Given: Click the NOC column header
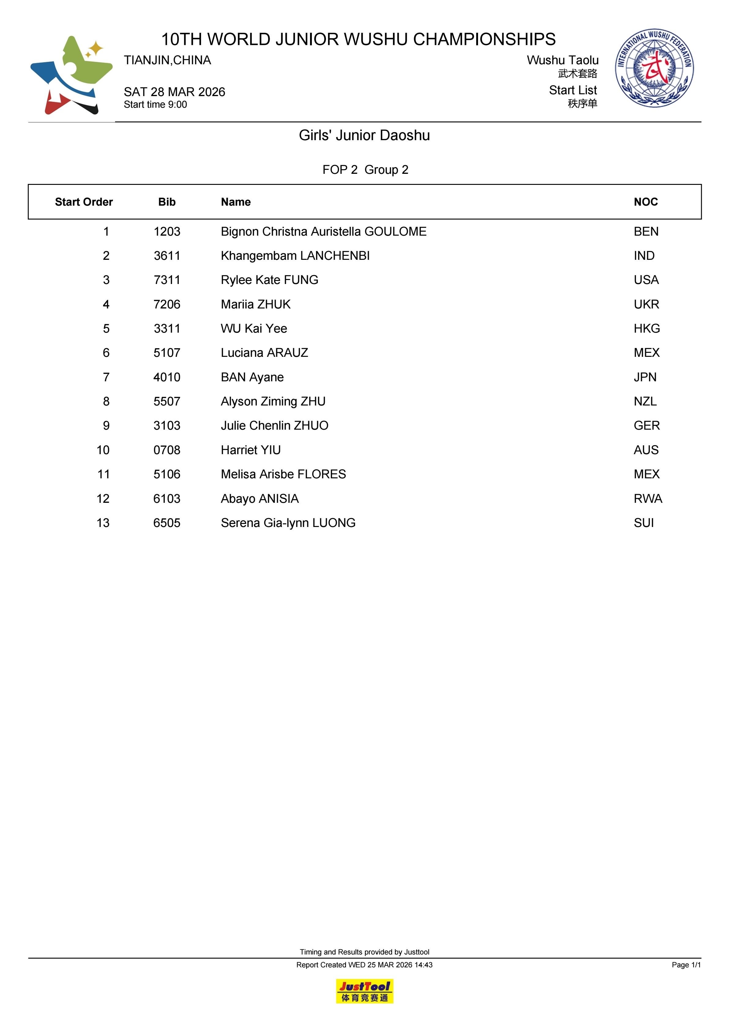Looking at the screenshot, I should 645,202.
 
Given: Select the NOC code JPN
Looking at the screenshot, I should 645,377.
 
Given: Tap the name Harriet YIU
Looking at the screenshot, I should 251,450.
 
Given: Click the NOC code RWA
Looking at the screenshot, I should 648,499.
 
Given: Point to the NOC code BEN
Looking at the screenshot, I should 646,232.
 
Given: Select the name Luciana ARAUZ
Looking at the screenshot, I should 264,353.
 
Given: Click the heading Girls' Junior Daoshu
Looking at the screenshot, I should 364,135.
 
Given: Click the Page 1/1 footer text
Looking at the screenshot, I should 686,965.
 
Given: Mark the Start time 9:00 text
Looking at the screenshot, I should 155,105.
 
